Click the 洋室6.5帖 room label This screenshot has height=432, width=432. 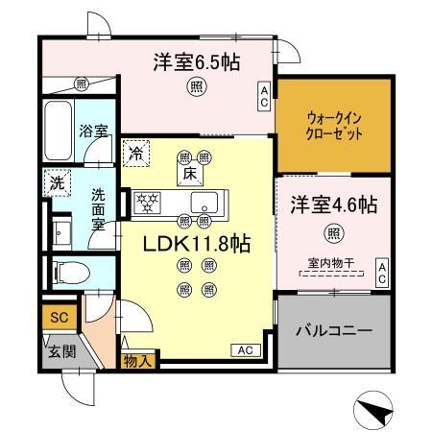[x=197, y=62]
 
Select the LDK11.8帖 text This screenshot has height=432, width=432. [x=197, y=245]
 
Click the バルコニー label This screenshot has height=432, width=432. [x=334, y=330]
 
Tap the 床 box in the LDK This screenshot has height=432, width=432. [x=190, y=174]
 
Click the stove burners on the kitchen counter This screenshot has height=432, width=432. [x=150, y=202]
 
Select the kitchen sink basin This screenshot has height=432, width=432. [x=204, y=202]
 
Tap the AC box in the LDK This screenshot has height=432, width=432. [x=243, y=350]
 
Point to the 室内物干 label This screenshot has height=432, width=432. [x=331, y=261]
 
